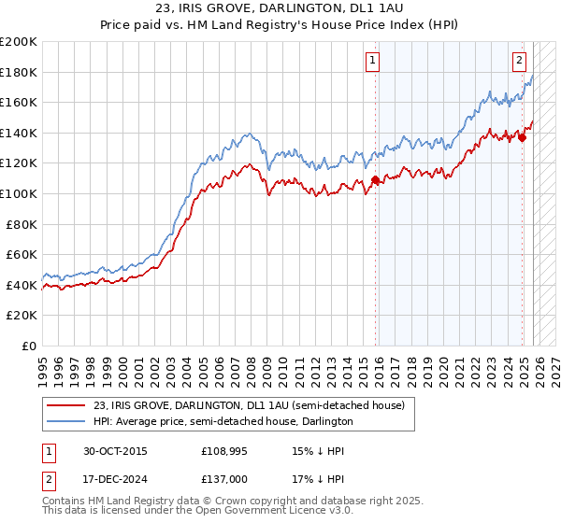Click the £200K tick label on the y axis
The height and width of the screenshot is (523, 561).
(19, 42)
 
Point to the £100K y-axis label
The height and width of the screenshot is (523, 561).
(19, 193)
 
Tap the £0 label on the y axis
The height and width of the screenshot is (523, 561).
(28, 346)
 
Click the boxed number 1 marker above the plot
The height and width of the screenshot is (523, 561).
(372, 61)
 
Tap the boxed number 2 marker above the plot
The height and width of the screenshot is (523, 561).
(518, 61)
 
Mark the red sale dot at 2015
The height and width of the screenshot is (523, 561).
(375, 180)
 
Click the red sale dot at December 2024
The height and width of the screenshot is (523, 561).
(523, 138)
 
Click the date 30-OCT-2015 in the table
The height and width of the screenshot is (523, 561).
(108, 450)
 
